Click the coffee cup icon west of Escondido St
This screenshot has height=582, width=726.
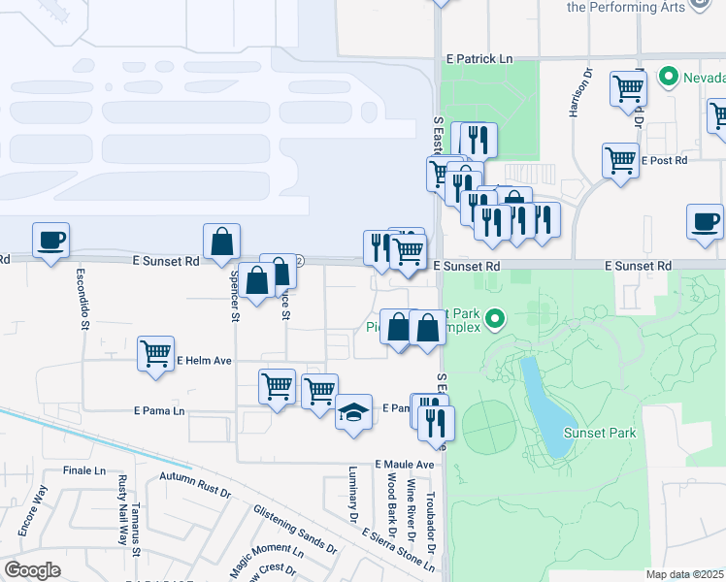(x=50, y=239)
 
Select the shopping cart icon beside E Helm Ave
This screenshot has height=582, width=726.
(x=155, y=354)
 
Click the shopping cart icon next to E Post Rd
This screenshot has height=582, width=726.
(x=620, y=159)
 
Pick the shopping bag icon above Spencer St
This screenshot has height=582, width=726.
(x=222, y=242)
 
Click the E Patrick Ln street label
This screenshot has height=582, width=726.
(x=478, y=59)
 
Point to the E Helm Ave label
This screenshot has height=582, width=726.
(x=204, y=361)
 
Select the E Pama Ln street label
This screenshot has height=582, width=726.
(x=159, y=411)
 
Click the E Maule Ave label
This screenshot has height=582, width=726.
(x=405, y=465)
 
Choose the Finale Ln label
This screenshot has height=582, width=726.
(x=83, y=470)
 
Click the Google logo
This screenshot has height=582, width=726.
(x=32, y=570)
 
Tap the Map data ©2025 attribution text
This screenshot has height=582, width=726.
(x=684, y=574)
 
